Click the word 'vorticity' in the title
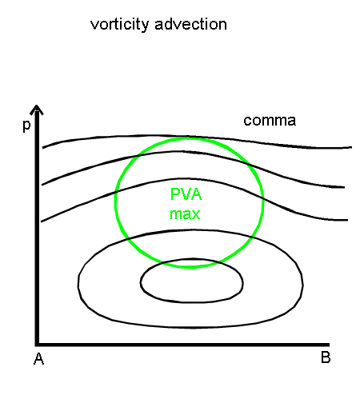click(119, 25)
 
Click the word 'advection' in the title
click(191, 24)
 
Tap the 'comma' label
click(270, 121)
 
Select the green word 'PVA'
click(186, 194)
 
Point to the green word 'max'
click(185, 214)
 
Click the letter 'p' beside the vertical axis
click(26, 126)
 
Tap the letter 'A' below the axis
click(38, 359)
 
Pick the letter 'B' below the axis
click(326, 357)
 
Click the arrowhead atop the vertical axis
click(37, 110)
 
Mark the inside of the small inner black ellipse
click(192, 281)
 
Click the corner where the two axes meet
click(37, 345)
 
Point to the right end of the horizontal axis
click(329, 345)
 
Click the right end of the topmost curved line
click(351, 147)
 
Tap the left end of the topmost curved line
click(43, 147)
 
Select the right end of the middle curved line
click(344, 187)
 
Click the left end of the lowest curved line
click(41, 221)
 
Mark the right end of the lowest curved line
click(347, 220)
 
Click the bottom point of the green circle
click(190, 267)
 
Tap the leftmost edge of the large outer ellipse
click(78, 283)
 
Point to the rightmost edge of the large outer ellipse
click(303, 285)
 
